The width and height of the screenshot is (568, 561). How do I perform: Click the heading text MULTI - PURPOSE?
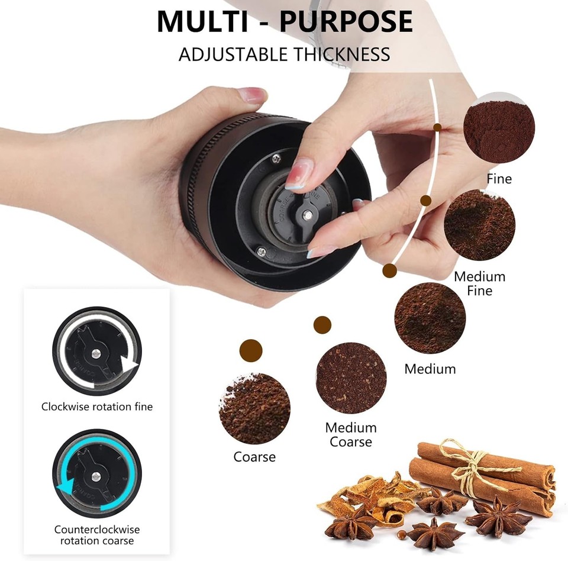coord(285,22)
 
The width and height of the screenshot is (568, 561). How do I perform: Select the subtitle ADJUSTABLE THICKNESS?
coord(285,54)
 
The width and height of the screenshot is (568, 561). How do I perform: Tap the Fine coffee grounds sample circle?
coord(499,131)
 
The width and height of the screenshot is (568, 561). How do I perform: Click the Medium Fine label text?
coord(479,283)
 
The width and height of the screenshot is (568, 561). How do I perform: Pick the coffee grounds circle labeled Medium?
coord(430,318)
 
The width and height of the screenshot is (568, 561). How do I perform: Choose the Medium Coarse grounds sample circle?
coord(351,378)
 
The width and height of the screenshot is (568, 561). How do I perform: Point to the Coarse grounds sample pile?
coord(255,408)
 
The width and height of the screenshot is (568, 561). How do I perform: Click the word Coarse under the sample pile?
coord(254,457)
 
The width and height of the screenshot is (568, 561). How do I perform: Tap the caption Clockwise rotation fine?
coord(97,407)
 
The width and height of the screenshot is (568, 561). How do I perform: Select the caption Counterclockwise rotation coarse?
coord(97,535)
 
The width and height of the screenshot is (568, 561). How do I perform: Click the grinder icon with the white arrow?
coord(97,350)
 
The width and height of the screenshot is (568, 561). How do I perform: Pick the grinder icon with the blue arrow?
coord(97,473)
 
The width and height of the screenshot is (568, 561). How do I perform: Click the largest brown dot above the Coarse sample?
coord(251,351)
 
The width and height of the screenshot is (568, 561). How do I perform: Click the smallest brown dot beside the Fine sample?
coord(437,127)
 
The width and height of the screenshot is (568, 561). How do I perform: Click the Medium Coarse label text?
coord(351,434)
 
